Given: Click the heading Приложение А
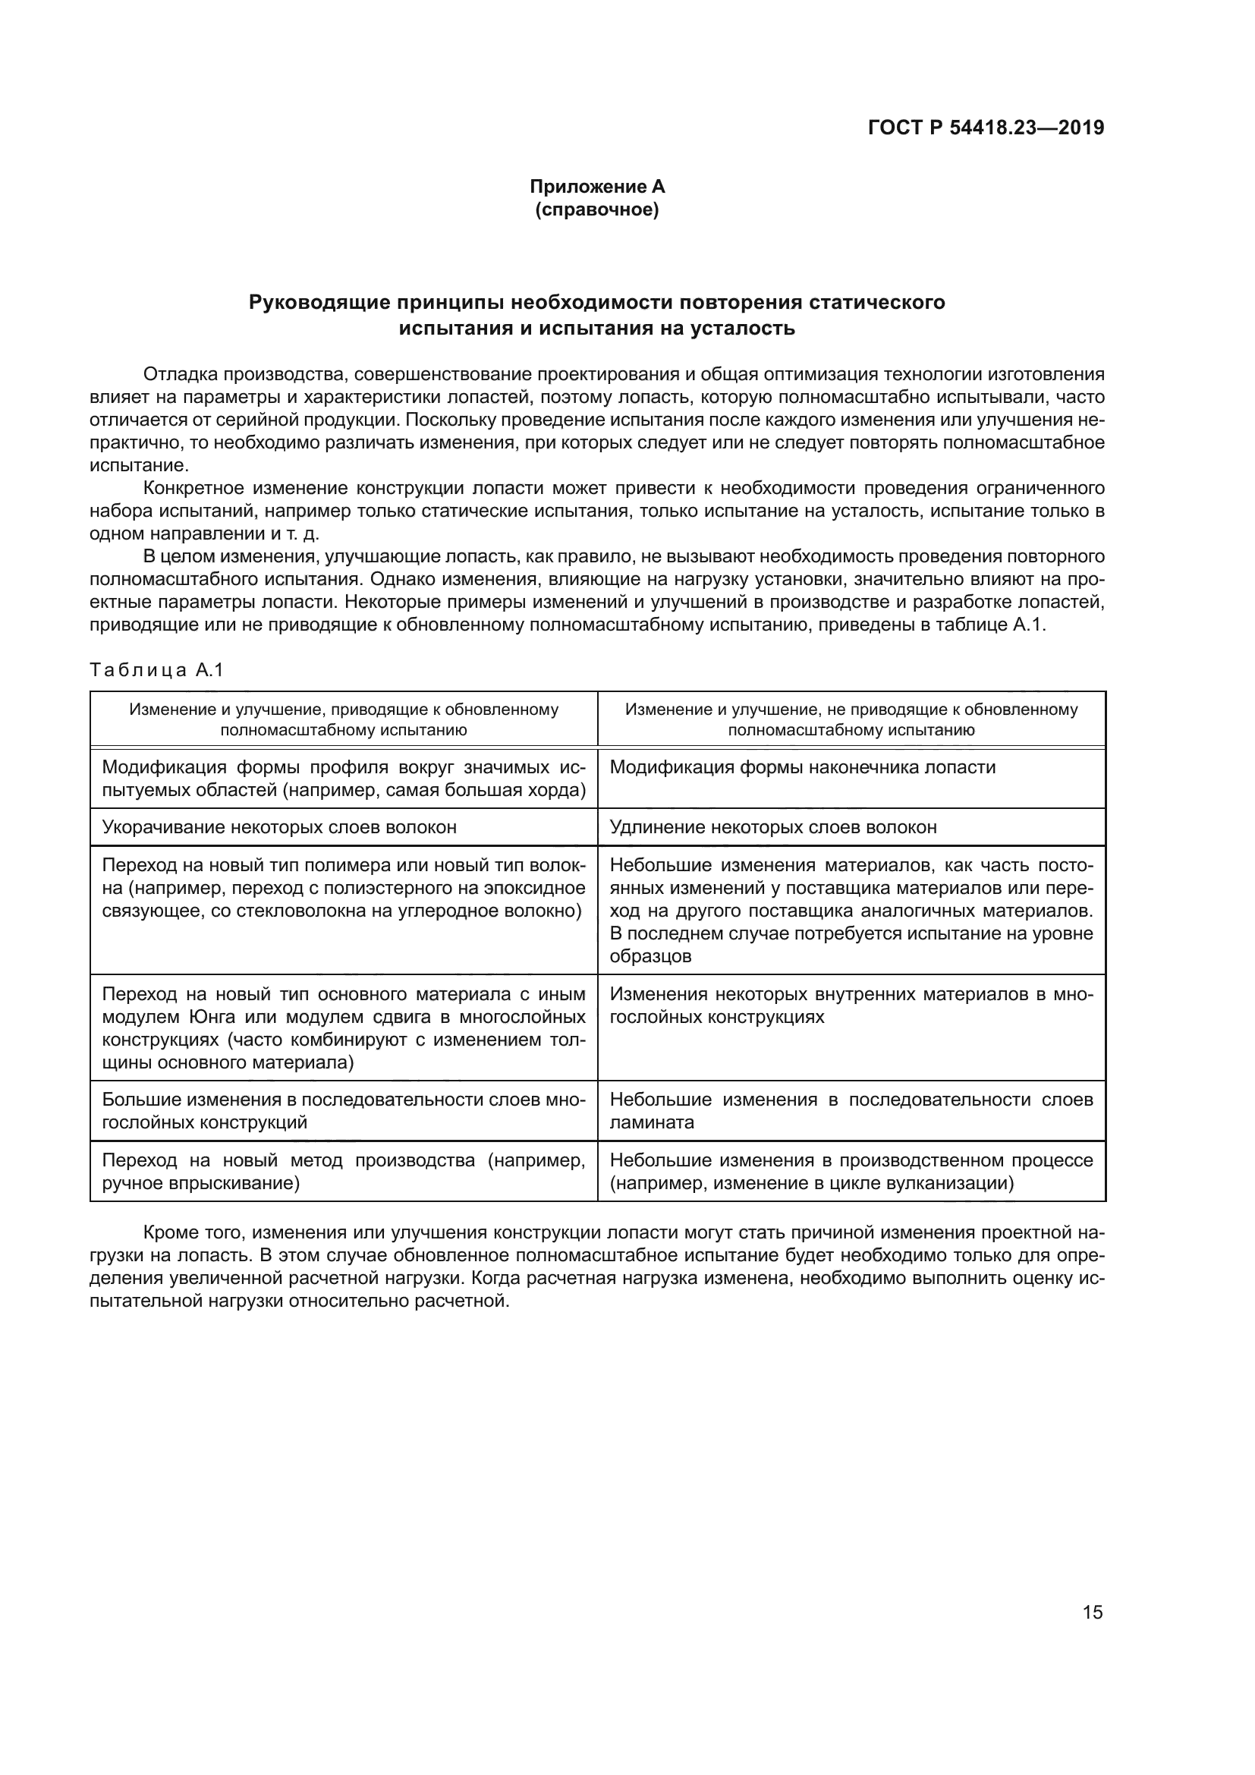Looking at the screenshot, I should click(x=596, y=187).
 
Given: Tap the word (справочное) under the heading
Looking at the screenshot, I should click(x=596, y=209).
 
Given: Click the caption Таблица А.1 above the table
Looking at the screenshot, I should click(x=156, y=670).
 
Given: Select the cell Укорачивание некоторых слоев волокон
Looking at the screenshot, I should click(x=279, y=827).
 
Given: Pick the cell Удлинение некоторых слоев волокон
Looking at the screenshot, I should click(x=772, y=827).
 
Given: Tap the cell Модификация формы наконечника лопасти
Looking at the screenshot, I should click(x=802, y=768).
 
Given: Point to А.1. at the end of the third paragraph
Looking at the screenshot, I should click(x=1029, y=625).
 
